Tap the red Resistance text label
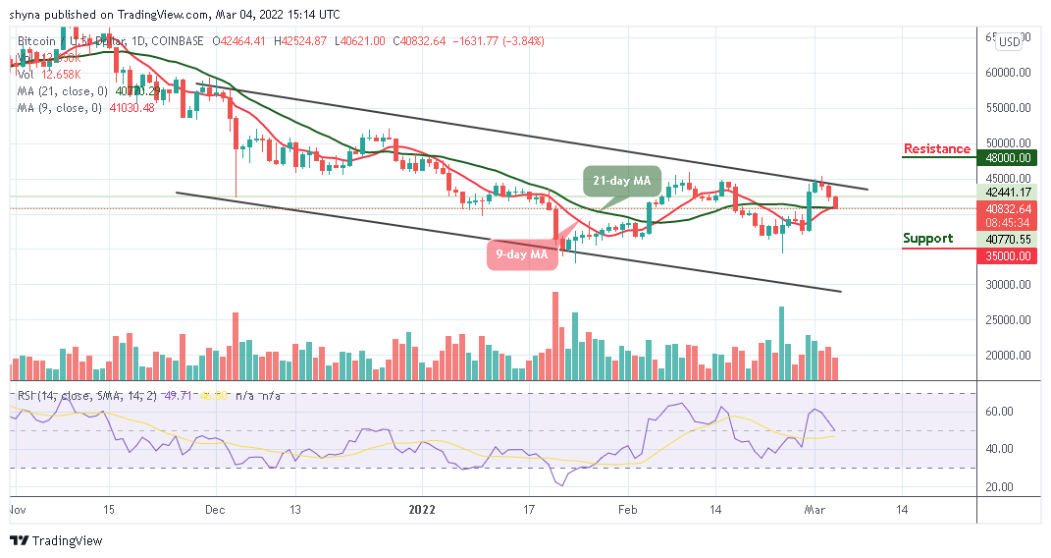936,149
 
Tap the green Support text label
928,238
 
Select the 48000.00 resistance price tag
1009,156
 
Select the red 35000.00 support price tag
1009,255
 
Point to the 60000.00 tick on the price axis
1009,72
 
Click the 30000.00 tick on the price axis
1009,285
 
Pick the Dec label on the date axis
216,510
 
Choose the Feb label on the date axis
627,510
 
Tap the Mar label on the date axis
814,510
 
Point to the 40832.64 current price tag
1009,208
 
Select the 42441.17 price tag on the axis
1009,192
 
